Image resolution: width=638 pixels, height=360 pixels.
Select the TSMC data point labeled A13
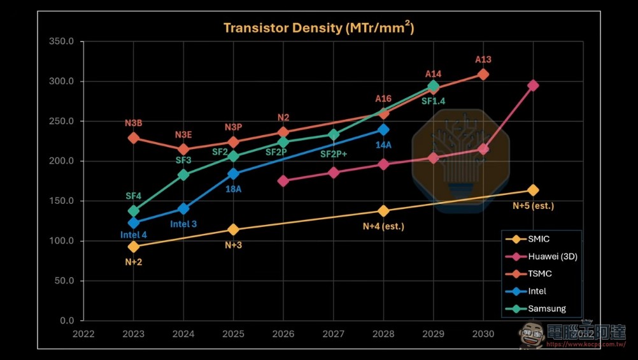click(483, 75)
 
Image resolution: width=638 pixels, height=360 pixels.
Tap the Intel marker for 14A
click(383, 130)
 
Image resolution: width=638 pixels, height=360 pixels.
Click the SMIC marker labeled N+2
click(134, 247)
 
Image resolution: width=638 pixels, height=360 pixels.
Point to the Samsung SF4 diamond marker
click(134, 211)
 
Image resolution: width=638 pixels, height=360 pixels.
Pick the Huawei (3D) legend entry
click(542, 257)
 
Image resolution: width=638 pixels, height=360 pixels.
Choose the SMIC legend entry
click(528, 239)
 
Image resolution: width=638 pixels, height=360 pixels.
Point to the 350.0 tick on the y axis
click(61, 41)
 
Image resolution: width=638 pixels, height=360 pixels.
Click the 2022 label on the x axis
click(83, 334)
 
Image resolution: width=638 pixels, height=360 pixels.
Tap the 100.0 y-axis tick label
click(61, 241)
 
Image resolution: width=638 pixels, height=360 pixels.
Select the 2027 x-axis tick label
click(333, 334)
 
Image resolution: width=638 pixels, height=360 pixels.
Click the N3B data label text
click(134, 123)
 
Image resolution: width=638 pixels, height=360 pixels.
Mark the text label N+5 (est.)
click(533, 206)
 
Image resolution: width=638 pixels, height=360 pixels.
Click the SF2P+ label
click(333, 154)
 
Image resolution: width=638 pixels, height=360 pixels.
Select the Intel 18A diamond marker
click(233, 174)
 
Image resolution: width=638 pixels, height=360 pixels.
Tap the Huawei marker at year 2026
click(283, 181)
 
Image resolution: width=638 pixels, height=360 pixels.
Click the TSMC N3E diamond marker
click(183, 150)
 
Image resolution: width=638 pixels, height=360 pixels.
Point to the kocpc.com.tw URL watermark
click(586, 345)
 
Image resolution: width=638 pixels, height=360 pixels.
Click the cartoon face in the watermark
click(531, 335)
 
